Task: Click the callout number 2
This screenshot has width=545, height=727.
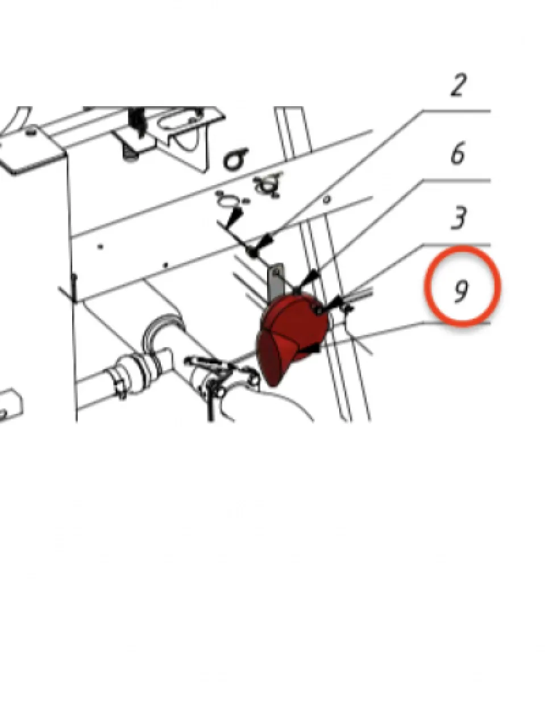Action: click(458, 85)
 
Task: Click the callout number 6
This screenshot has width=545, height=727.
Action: click(459, 153)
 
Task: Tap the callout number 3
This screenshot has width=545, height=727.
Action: click(459, 218)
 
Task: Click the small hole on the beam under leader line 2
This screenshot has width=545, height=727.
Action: click(327, 199)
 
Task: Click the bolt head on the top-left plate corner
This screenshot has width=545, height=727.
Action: click(31, 132)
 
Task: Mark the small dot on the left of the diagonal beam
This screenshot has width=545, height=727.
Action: click(101, 246)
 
